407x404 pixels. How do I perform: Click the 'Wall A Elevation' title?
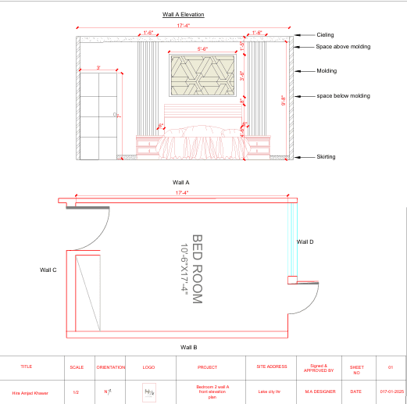point(184,14)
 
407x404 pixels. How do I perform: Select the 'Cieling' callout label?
point(325,35)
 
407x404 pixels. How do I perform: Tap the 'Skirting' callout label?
point(326,157)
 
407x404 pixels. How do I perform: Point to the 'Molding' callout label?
point(327,71)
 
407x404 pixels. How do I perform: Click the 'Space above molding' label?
point(343,47)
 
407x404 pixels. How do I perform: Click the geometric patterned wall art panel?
point(203,77)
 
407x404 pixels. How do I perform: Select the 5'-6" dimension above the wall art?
point(203,49)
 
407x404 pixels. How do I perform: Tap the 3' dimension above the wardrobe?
point(98,68)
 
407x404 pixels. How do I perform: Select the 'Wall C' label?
point(48,270)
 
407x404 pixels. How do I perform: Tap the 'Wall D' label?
point(305,242)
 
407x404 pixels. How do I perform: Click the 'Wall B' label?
point(189,346)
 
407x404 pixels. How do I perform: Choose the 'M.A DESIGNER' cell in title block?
point(320,392)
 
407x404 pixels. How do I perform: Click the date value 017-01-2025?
point(390,392)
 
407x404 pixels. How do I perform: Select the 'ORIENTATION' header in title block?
point(110,366)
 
